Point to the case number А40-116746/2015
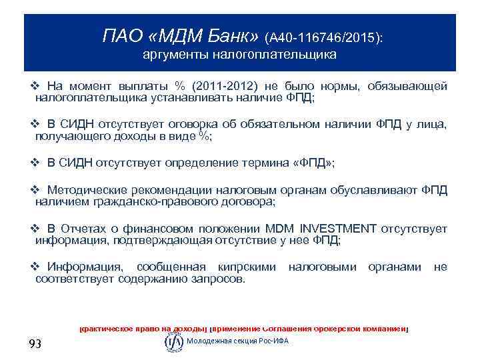pyautogui.click(x=323, y=37)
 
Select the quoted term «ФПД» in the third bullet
pyautogui.click(x=313, y=162)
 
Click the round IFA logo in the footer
pyautogui.click(x=173, y=341)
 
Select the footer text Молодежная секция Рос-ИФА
pyautogui.click(x=238, y=341)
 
